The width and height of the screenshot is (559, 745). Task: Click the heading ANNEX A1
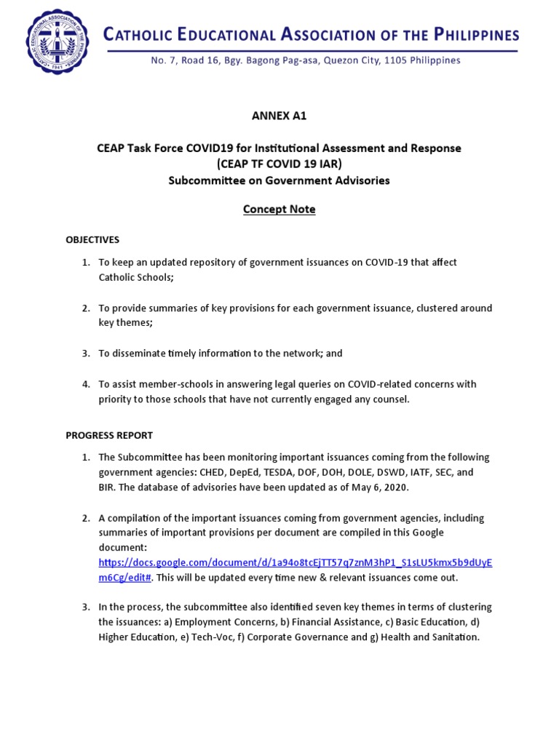point(279,115)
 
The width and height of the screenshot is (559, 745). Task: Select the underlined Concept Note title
point(279,210)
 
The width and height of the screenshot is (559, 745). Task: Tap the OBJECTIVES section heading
point(92,239)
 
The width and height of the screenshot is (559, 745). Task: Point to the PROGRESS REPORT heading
point(109,435)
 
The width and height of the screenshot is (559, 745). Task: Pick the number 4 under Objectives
point(85,383)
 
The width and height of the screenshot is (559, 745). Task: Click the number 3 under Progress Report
point(85,607)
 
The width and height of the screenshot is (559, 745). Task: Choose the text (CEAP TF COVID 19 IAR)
point(279,164)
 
